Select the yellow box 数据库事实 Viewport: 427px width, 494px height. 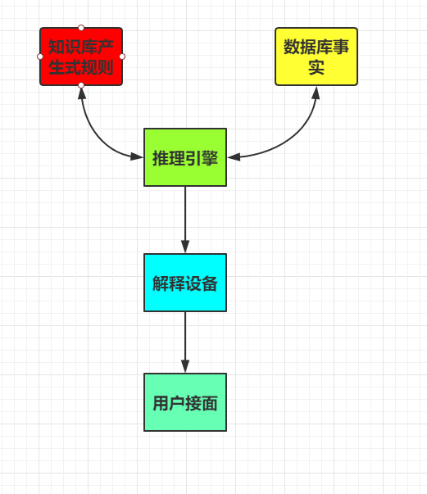tap(316, 57)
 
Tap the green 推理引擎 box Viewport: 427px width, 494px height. tap(185, 157)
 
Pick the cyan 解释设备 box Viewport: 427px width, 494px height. tap(185, 283)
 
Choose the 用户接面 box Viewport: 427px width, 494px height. tap(185, 402)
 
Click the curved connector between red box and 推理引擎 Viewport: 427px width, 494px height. tap(96, 134)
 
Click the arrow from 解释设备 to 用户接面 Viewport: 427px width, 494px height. tap(185, 339)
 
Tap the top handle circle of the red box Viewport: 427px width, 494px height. tap(81, 28)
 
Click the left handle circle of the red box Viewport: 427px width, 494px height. tap(40, 57)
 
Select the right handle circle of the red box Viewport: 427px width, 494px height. tap(122, 57)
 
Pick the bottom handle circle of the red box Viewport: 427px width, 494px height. tap(81, 85)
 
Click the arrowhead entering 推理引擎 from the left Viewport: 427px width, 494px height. tap(137, 156)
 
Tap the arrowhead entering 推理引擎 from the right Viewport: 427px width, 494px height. tap(234, 156)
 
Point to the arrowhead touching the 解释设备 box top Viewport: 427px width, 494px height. tap(185, 247)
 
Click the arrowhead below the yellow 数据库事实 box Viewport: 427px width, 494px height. tap(316, 92)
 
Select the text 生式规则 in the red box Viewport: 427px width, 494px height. tap(81, 66)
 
